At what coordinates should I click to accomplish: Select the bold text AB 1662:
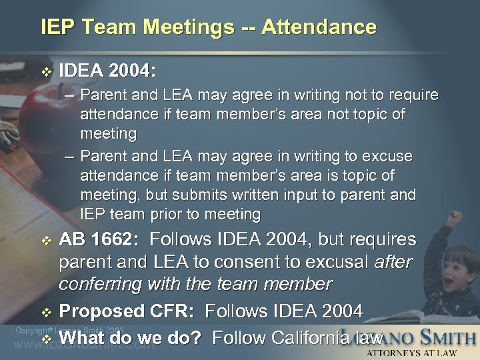coord(100,239)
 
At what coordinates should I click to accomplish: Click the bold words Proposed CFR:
coord(128,311)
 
